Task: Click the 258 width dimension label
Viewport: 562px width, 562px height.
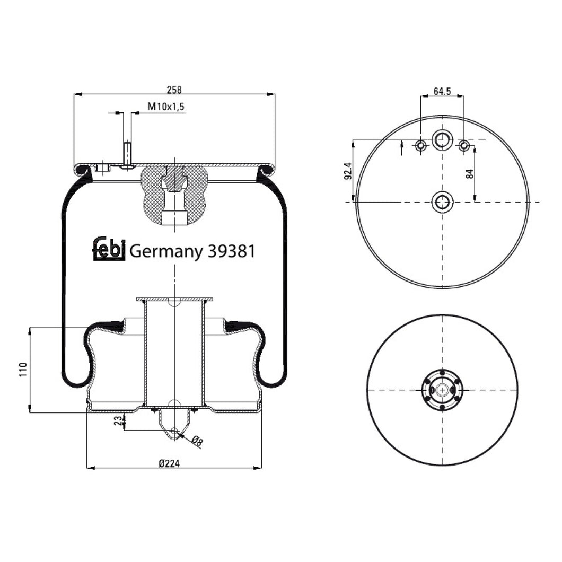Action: click(x=174, y=89)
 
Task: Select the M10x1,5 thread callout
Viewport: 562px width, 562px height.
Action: click(x=166, y=107)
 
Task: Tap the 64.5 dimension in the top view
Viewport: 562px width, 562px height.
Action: click(x=442, y=91)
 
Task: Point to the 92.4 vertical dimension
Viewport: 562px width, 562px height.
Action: click(x=348, y=171)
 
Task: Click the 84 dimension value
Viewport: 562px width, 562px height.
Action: click(x=469, y=173)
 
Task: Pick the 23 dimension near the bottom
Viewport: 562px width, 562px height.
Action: click(x=118, y=421)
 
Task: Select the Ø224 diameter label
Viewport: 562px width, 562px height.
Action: click(x=170, y=463)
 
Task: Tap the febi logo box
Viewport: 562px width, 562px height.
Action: click(x=109, y=249)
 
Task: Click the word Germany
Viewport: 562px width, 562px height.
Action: click(x=165, y=251)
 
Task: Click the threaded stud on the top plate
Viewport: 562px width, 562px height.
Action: click(x=127, y=154)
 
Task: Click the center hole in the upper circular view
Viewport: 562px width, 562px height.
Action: click(x=442, y=202)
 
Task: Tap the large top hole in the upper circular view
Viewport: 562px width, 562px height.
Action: click(x=442, y=140)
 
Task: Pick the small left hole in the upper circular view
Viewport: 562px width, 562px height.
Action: click(x=420, y=145)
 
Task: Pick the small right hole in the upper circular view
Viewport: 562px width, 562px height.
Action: click(x=464, y=145)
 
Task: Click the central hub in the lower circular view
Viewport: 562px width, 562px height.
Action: click(x=442, y=390)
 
